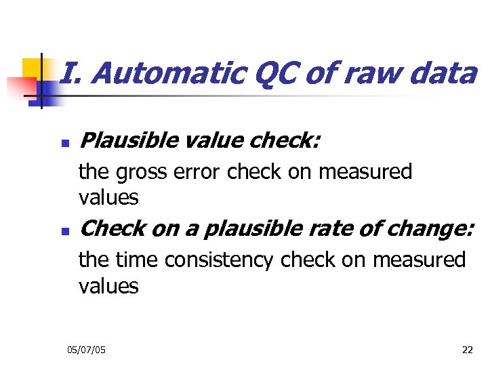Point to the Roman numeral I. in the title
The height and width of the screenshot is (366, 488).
click(67, 74)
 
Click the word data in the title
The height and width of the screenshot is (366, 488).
click(443, 74)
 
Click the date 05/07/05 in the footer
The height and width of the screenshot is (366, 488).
click(86, 350)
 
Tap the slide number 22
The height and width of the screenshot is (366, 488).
click(467, 350)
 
